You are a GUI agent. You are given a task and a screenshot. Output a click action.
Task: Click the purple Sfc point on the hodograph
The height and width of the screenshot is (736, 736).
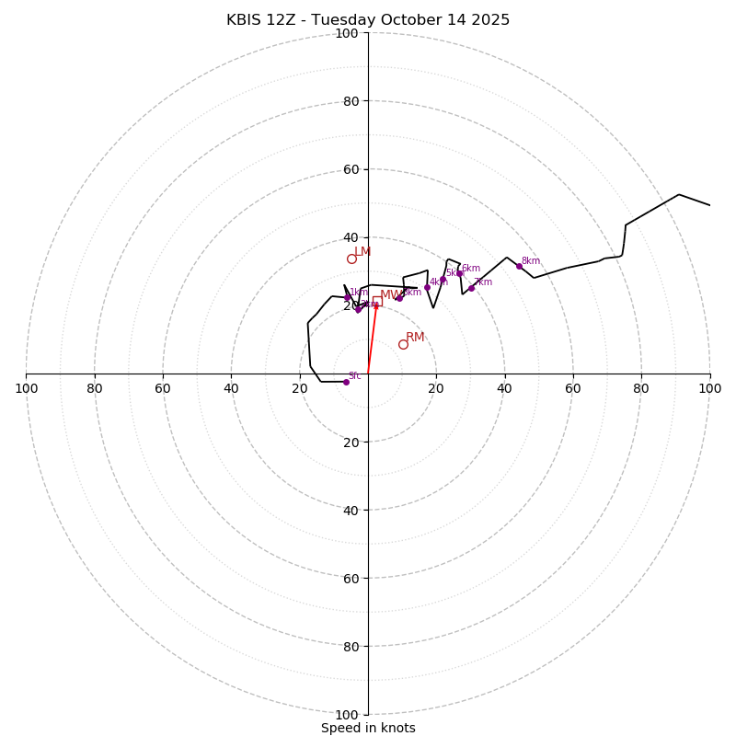pos(346,382)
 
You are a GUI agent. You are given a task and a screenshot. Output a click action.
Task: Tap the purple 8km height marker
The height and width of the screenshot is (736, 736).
pos(519,267)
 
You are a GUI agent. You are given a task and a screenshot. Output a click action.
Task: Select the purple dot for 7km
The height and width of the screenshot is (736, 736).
pos(471,288)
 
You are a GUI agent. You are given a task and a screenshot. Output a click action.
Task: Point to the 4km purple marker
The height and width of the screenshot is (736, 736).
pos(427,287)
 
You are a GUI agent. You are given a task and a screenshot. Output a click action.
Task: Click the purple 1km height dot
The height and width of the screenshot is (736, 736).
pos(347,298)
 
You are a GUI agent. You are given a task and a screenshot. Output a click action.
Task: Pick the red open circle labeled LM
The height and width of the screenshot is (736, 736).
pos(351,259)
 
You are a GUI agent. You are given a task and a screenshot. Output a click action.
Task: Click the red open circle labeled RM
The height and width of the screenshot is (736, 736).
pos(403,344)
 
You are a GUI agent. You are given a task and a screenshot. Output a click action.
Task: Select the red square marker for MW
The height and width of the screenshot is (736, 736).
pos(376,301)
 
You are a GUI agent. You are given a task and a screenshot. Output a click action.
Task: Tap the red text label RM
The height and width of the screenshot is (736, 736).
pos(415,338)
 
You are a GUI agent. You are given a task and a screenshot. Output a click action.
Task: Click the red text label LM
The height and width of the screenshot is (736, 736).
pos(362,252)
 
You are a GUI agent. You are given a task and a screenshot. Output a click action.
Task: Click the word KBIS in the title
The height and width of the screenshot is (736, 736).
pos(245,20)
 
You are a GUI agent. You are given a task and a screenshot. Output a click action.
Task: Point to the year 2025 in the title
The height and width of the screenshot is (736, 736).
pos(492,20)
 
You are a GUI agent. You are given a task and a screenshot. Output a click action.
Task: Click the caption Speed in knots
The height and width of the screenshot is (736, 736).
pos(368,728)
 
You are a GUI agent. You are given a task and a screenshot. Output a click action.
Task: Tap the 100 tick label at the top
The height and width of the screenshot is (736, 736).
pos(347,34)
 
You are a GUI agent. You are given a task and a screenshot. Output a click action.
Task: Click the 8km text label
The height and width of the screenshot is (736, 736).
pos(531,261)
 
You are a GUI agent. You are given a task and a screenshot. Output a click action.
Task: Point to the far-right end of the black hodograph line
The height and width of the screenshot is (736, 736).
pos(709,205)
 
